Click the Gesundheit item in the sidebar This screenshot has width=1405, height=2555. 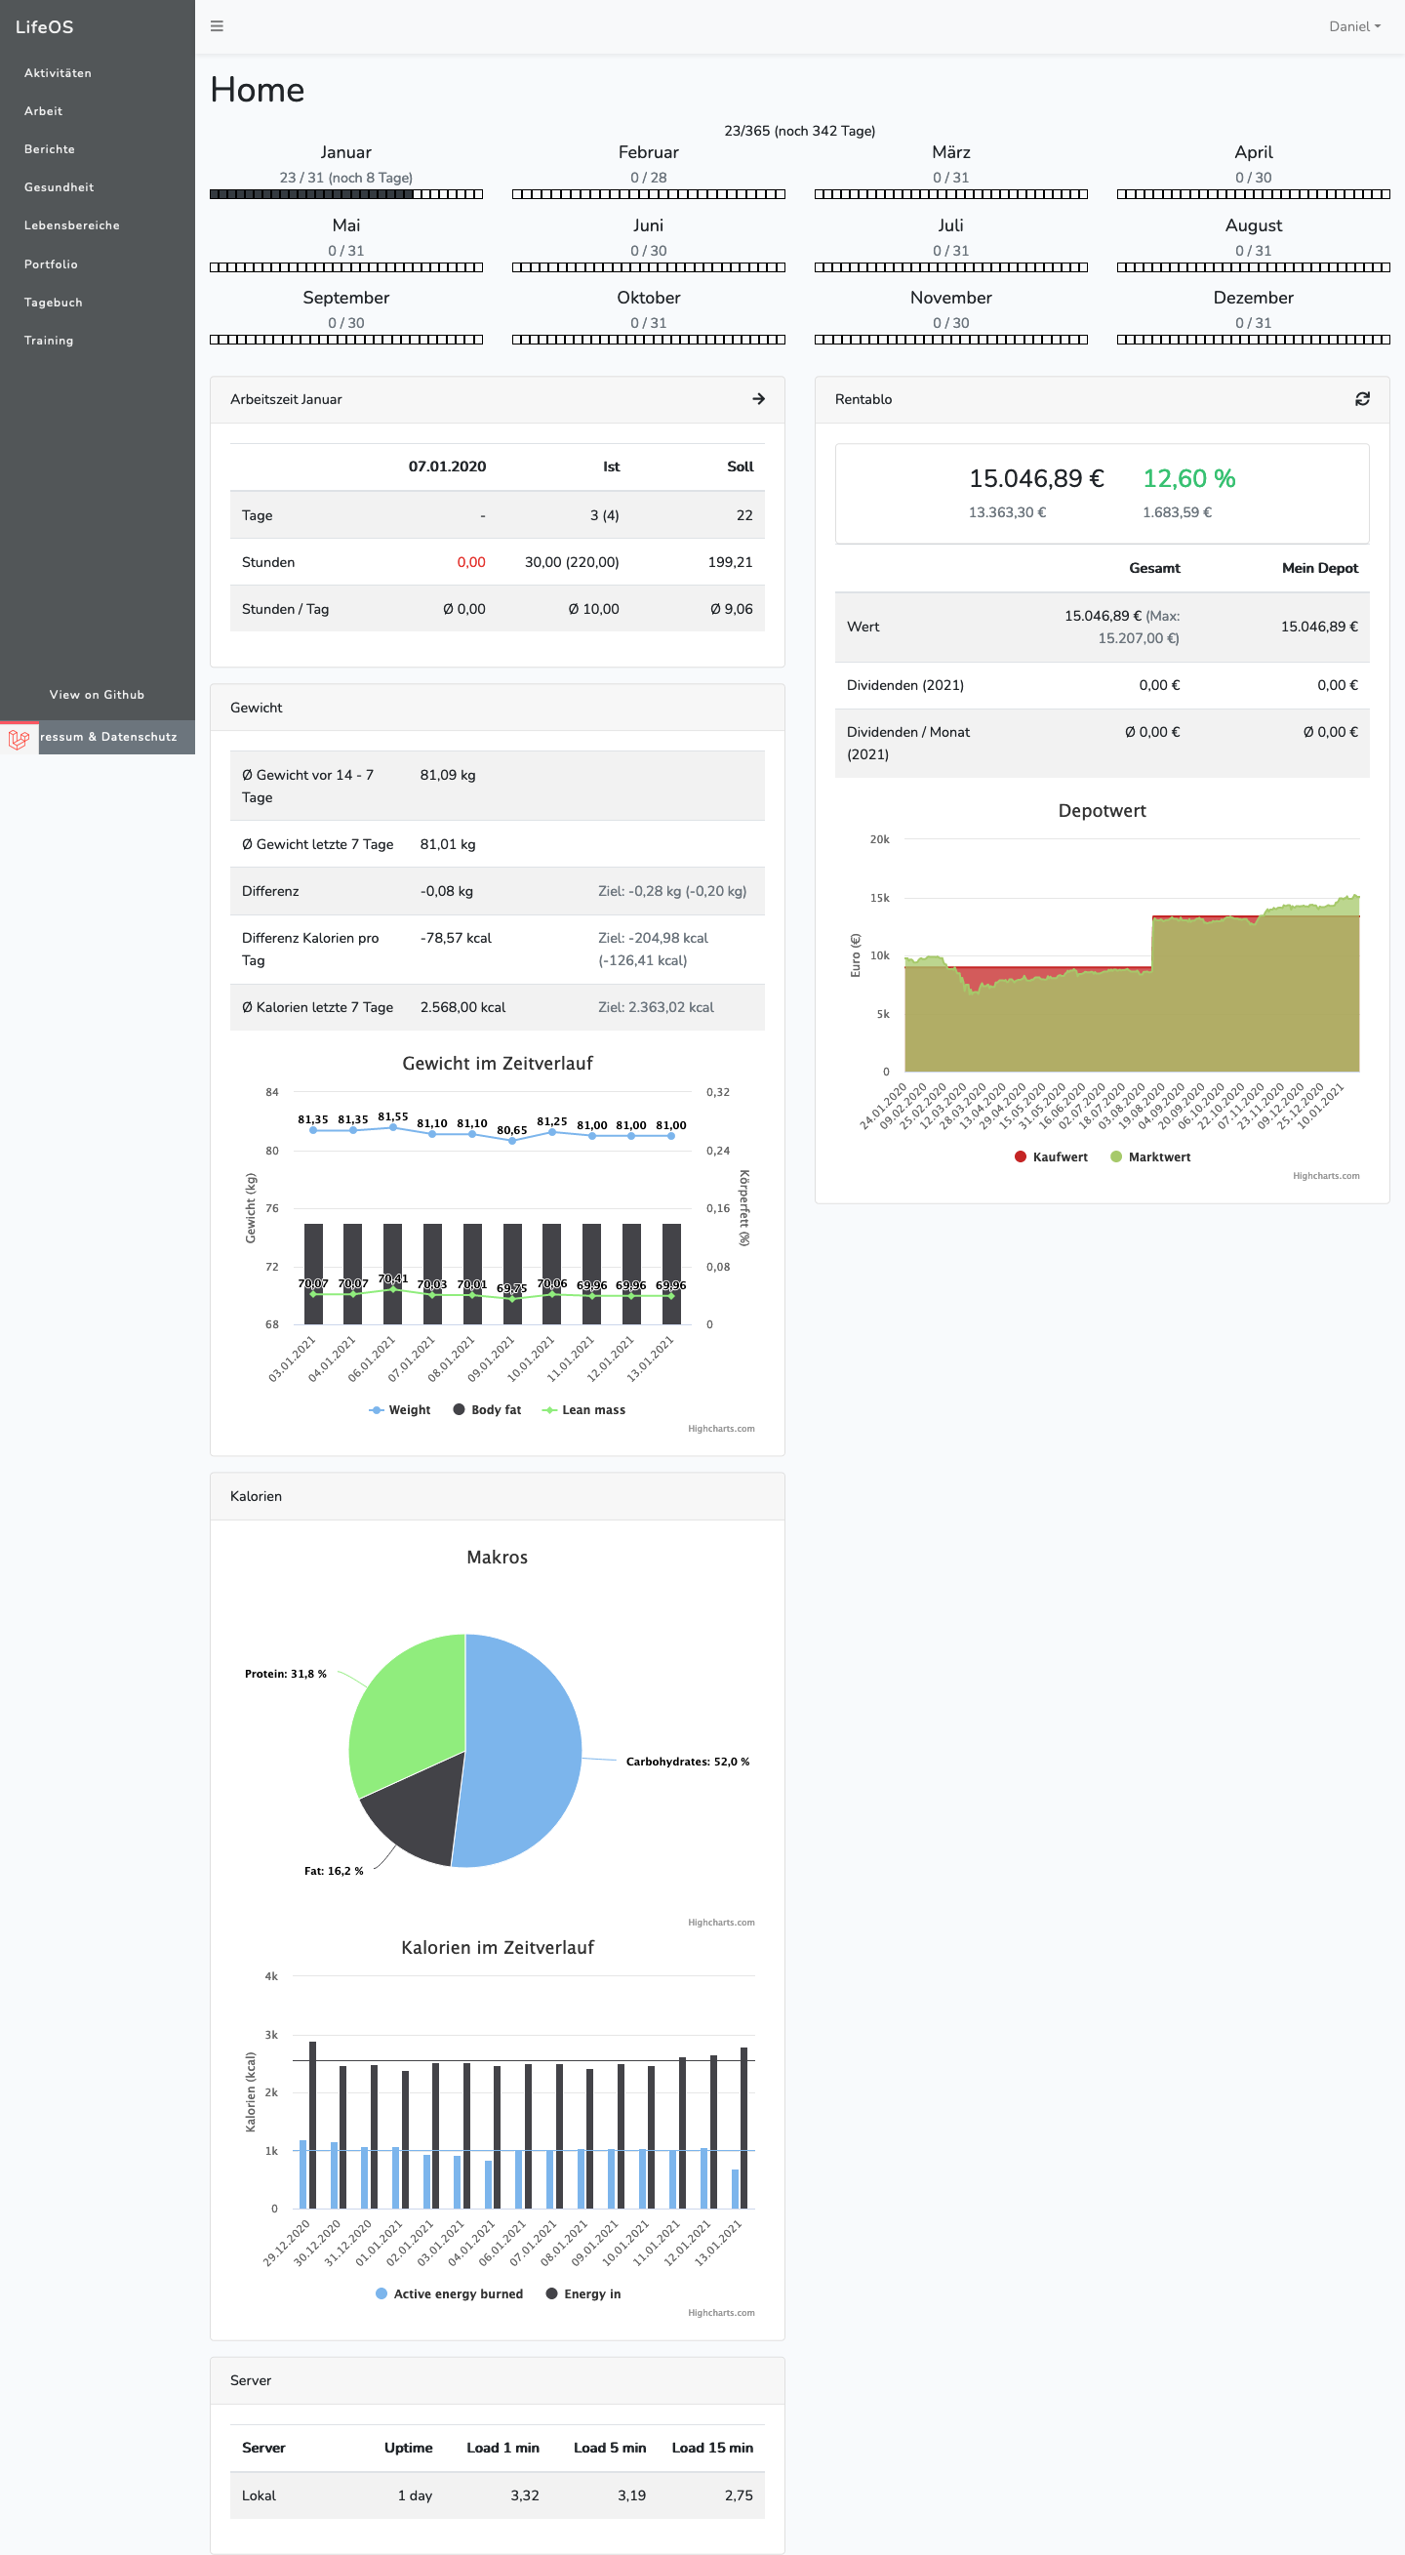[x=59, y=187]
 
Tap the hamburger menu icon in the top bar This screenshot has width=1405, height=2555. [x=217, y=26]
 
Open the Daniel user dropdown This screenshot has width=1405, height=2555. [x=1353, y=26]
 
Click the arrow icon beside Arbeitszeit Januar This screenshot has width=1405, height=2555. [x=758, y=399]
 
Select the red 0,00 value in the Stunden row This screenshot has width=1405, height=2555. [x=471, y=562]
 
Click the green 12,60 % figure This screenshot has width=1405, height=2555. [x=1187, y=479]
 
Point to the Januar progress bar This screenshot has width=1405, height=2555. [x=346, y=194]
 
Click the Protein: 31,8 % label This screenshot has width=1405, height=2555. [x=286, y=1675]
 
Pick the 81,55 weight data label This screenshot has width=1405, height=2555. [x=392, y=1116]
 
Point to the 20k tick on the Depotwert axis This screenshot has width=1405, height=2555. [x=879, y=840]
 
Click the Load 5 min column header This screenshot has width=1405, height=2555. [x=609, y=2448]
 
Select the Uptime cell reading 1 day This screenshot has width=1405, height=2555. [x=415, y=2495]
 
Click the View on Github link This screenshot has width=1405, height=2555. [x=98, y=695]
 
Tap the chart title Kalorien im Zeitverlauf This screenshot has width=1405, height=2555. [x=497, y=1948]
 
